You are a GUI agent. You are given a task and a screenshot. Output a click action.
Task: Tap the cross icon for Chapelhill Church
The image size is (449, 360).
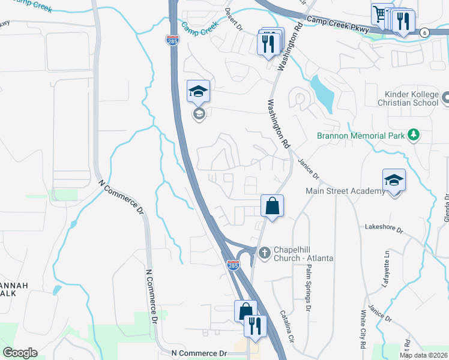point(264,253)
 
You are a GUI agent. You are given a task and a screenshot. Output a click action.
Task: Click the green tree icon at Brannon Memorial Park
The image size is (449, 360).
point(413,135)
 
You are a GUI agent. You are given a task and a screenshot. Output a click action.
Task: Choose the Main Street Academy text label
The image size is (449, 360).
point(345,191)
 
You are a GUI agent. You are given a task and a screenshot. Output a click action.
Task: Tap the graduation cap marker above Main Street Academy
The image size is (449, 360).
point(394,180)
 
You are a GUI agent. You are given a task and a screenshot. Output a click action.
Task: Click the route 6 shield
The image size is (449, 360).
point(424,32)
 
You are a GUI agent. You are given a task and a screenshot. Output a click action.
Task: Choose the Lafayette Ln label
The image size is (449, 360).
point(385,270)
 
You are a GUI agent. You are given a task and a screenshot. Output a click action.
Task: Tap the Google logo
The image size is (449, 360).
point(20,353)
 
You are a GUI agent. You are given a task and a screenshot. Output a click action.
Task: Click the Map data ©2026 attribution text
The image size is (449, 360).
point(423,355)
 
